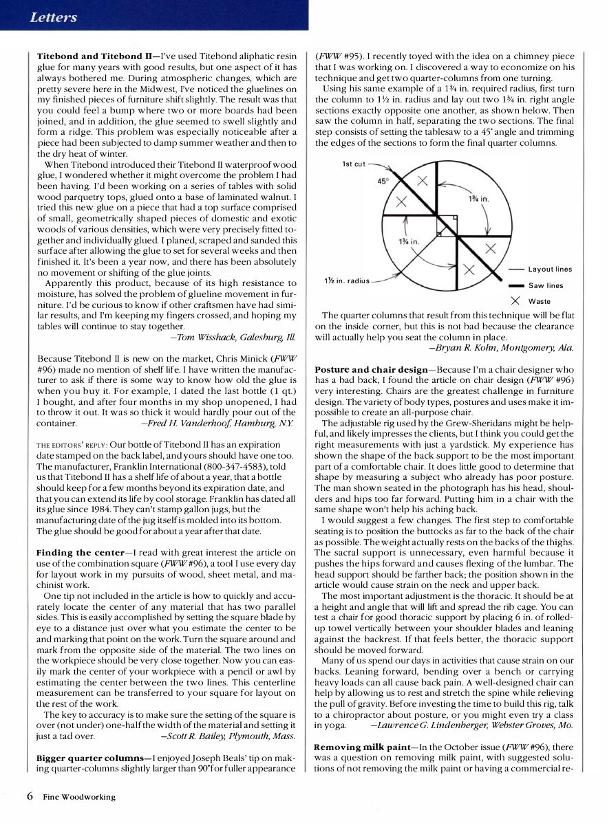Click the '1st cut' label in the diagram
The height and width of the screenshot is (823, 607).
[x=354, y=164]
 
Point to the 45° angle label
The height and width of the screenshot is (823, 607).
[x=383, y=182]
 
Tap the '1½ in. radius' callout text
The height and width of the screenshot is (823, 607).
[x=347, y=281]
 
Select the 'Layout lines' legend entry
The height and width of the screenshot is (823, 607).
[x=550, y=270]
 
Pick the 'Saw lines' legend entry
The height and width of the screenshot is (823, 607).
[x=546, y=285]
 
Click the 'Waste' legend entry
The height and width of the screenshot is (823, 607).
[x=539, y=301]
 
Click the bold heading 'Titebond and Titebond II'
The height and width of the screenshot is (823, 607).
[x=94, y=56]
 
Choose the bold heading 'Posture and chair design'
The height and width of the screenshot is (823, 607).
[x=371, y=369]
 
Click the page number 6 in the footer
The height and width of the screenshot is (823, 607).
[x=30, y=796]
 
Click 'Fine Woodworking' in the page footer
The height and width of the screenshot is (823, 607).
[x=79, y=797]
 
